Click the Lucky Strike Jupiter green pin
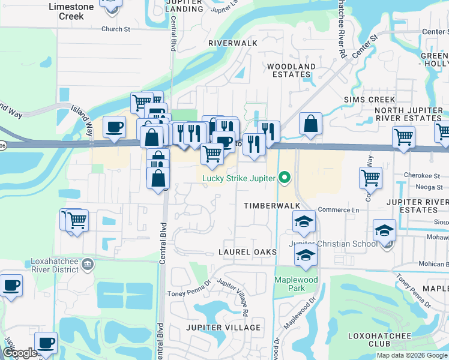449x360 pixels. [x=285, y=178]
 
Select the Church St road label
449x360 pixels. [x=116, y=29]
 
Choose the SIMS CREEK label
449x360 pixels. [x=369, y=100]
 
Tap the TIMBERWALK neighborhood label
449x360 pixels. [x=271, y=205]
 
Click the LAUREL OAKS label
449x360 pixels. [x=247, y=252]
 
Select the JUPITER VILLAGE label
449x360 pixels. [x=223, y=328]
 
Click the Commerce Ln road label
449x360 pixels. [x=338, y=209]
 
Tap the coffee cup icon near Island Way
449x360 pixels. [x=114, y=127]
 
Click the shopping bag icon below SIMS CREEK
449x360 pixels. [x=311, y=124]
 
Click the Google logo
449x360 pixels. [x=20, y=353]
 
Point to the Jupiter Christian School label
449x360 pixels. [x=334, y=244]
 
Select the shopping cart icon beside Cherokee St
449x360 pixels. [x=370, y=178]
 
